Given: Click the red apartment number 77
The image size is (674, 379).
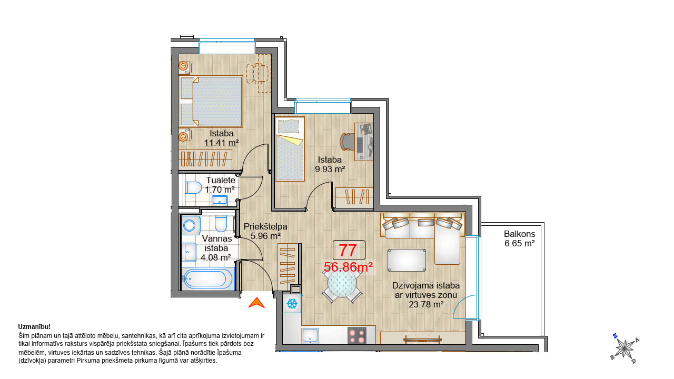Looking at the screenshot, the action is point(348,250).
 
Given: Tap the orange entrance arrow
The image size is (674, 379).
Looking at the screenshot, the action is point(256,303).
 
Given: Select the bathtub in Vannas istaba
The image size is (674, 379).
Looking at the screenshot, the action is point(207,279).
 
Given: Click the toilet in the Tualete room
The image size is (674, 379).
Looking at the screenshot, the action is point(194,187).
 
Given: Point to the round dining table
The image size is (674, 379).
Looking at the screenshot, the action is point(342,283).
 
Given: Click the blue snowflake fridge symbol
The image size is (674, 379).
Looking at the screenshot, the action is point(292,304).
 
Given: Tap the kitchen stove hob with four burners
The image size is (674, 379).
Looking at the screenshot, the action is point(357,335).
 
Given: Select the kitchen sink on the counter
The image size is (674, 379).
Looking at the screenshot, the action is point(310,336).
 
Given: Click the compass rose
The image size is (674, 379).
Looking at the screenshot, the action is point(625,348).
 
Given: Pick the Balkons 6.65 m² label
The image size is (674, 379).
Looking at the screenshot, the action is point(520,238).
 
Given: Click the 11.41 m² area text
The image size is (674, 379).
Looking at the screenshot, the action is point(222,143).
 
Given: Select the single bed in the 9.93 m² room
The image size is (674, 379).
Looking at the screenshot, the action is point(290,149).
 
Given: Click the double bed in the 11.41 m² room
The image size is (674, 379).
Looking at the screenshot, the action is point(211,101).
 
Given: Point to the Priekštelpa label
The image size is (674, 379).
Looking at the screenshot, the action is point(265,226).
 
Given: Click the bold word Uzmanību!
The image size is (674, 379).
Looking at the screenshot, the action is point(34,327).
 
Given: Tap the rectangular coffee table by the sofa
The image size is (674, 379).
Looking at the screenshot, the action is point(407,260).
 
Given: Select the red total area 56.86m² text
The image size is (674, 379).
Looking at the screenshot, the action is point(348,267).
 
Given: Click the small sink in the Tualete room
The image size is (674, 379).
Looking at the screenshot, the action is point(220,201).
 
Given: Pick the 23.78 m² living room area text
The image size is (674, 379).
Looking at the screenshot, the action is point(426,304).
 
